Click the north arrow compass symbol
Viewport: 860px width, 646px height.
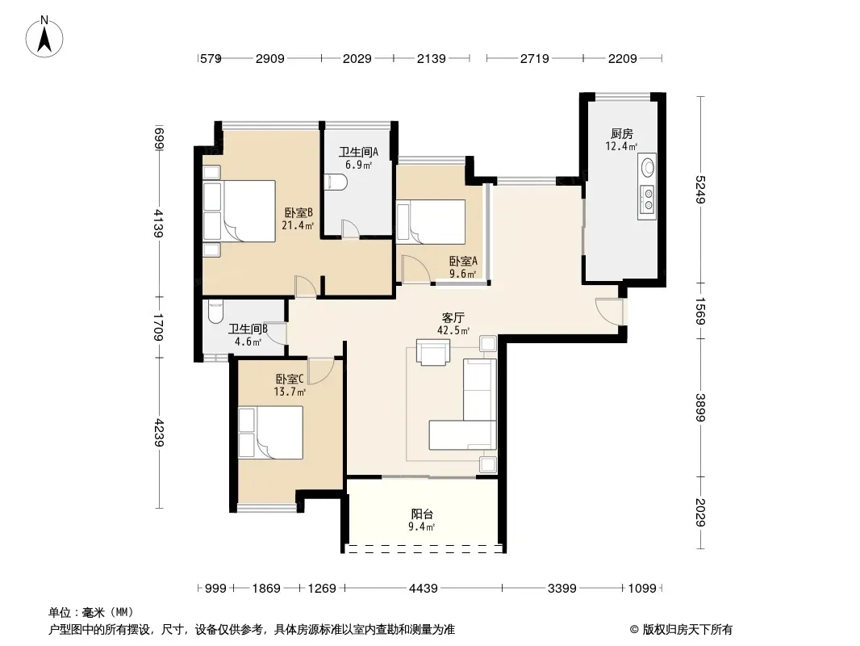(x=44, y=37)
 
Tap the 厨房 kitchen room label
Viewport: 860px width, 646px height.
(x=621, y=133)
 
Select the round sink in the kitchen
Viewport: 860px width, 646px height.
(x=648, y=166)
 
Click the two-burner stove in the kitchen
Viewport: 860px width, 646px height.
(x=648, y=199)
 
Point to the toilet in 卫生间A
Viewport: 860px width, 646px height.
(x=334, y=182)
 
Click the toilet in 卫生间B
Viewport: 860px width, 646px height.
(x=215, y=311)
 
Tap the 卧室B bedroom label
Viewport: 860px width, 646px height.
(x=298, y=212)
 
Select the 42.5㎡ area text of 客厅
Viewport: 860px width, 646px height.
(x=453, y=330)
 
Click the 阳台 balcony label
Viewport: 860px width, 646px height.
(x=422, y=514)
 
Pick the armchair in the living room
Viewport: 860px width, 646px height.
(x=433, y=352)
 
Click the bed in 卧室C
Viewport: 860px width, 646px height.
(x=270, y=432)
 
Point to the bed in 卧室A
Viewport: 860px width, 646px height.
(x=431, y=222)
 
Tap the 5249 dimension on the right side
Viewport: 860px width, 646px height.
(x=700, y=189)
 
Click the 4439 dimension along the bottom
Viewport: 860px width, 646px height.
(x=424, y=589)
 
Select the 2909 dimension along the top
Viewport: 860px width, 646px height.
(x=269, y=58)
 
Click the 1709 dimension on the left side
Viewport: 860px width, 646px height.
(x=158, y=326)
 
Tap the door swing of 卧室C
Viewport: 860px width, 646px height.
(x=321, y=371)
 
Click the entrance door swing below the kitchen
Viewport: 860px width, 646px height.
(x=609, y=311)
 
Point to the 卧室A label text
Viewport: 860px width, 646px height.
(x=463, y=262)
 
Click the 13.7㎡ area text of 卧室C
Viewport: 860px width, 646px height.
(x=290, y=392)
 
